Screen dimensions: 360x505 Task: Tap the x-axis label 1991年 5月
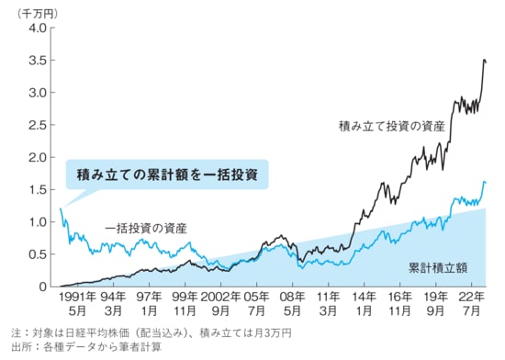pos(78,304)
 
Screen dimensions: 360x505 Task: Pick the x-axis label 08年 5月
pos(293,304)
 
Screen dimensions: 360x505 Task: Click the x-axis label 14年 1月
pos(365,304)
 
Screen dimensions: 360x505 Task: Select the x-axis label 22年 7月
pos(469,304)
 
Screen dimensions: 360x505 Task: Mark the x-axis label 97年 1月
pos(149,304)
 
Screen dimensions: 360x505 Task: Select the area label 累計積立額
pos(438,269)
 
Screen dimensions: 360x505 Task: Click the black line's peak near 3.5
pos(484,61)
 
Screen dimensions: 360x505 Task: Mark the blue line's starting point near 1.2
pos(61,209)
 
